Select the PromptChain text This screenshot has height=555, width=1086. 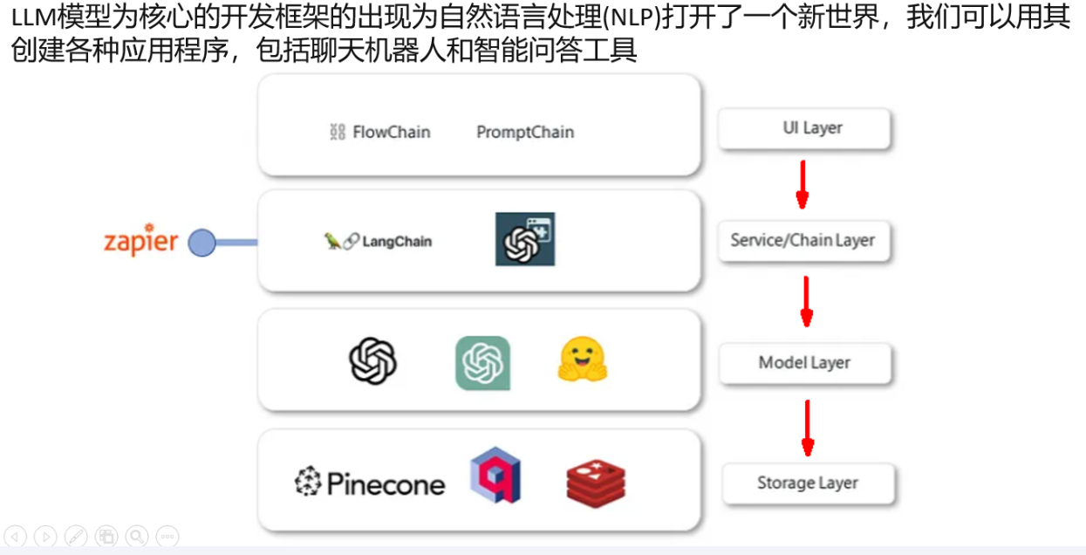click(x=525, y=132)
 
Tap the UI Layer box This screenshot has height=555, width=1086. click(x=803, y=128)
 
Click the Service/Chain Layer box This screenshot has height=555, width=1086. click(x=803, y=240)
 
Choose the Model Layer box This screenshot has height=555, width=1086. click(x=804, y=362)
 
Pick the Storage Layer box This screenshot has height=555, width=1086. click(x=808, y=483)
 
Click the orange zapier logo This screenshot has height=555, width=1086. click(x=140, y=241)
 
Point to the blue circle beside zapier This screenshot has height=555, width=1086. click(x=202, y=243)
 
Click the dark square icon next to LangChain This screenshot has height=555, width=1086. click(x=525, y=239)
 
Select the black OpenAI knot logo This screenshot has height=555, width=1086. click(x=373, y=360)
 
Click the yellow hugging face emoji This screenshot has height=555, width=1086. click(x=582, y=360)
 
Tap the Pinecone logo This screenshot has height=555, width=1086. click(x=370, y=483)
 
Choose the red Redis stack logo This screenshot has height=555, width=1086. click(x=596, y=483)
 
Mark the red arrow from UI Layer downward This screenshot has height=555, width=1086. click(x=803, y=184)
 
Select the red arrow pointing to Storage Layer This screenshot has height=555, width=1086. click(x=808, y=428)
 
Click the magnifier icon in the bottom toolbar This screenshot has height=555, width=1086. click(x=136, y=536)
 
